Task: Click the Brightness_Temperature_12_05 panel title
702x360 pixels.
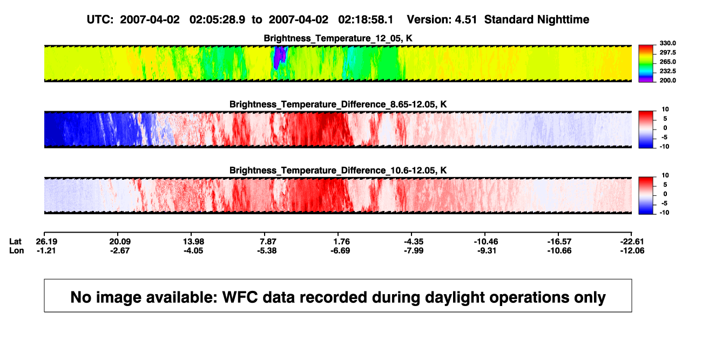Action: point(338,38)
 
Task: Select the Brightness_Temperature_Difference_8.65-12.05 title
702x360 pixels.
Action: point(338,104)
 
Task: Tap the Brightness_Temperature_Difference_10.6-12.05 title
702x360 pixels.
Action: point(338,171)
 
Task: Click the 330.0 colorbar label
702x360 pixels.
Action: point(667,43)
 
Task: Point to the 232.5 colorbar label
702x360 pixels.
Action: point(667,71)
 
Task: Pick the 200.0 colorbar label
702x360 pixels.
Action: point(667,80)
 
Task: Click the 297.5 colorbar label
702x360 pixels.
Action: point(667,53)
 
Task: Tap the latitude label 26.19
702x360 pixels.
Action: point(46,242)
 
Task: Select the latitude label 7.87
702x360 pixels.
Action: point(268,242)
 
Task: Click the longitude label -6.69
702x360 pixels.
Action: point(340,250)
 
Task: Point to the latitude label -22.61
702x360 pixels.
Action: point(632,242)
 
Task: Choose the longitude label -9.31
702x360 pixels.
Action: point(487,250)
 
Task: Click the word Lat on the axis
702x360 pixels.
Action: point(15,242)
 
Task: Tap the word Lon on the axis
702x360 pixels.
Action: point(16,250)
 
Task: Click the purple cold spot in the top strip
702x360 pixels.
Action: point(279,57)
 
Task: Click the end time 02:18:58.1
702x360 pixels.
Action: point(366,20)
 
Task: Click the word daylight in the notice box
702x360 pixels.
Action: point(454,297)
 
